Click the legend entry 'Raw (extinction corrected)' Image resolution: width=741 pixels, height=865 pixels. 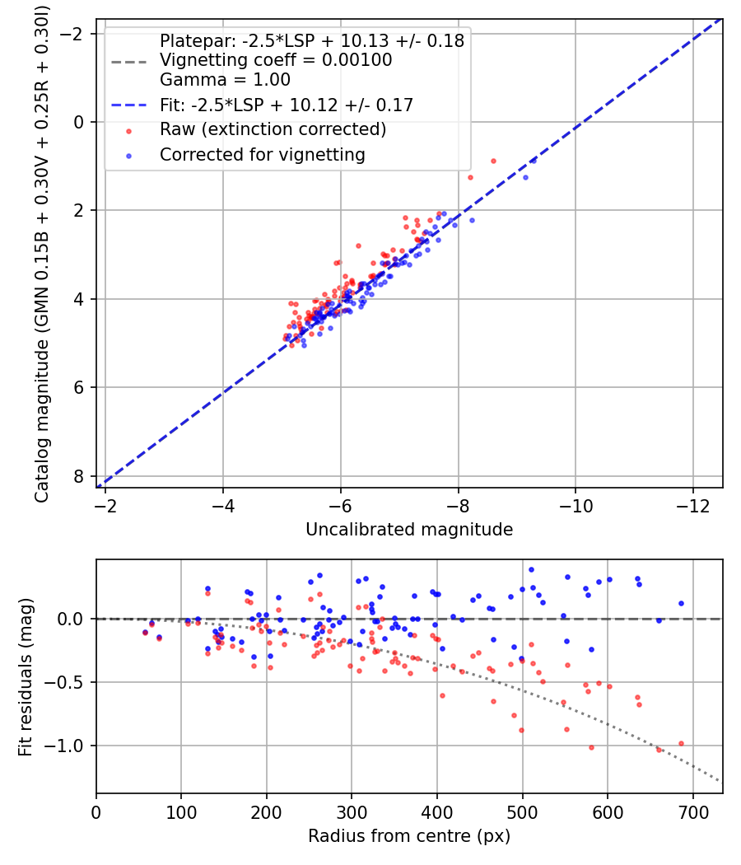(x=273, y=129)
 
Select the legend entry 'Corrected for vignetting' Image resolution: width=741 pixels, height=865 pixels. (x=263, y=154)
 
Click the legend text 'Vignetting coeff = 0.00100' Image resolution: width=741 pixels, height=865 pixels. (x=276, y=60)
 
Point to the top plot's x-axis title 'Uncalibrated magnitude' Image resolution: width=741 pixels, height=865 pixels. (x=409, y=530)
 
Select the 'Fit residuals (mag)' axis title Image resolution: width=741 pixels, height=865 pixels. (x=26, y=676)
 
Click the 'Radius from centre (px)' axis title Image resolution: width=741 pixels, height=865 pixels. (x=409, y=836)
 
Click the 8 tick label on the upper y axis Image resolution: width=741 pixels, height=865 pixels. (x=80, y=476)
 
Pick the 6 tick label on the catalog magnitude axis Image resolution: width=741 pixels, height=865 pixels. (x=80, y=387)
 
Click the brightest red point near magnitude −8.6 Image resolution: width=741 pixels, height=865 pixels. (x=493, y=161)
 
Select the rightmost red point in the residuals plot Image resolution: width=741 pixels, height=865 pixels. (x=681, y=743)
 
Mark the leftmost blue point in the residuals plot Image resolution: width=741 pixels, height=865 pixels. (x=145, y=632)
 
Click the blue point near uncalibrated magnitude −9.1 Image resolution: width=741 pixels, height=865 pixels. (x=525, y=177)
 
